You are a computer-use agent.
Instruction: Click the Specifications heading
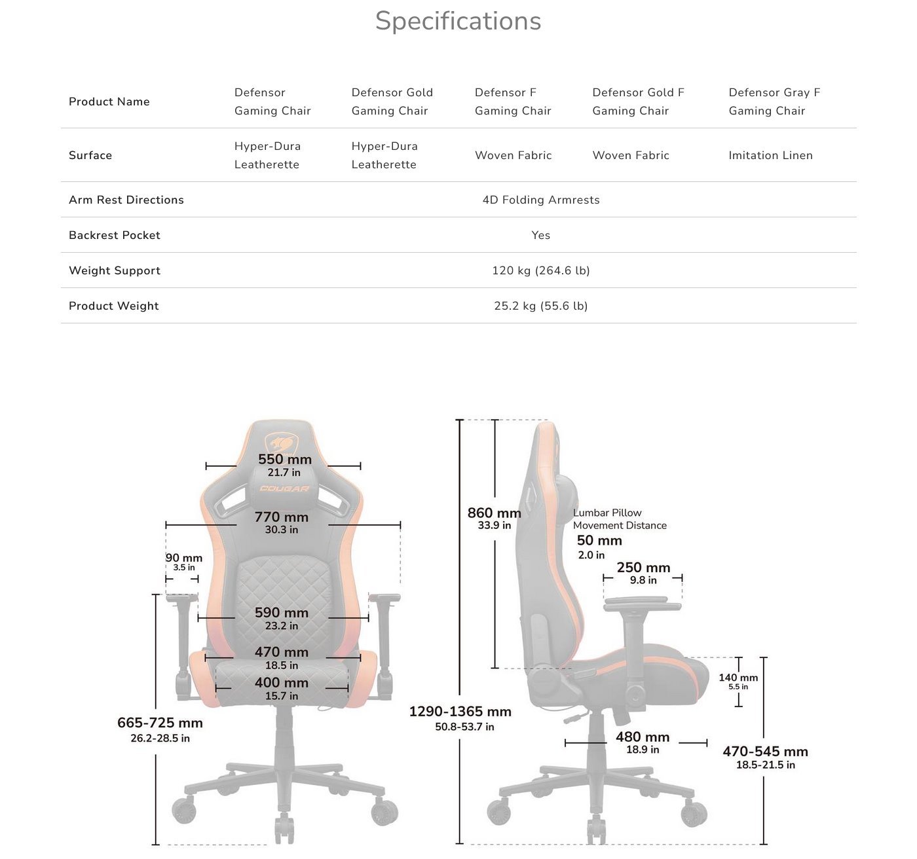[458, 21]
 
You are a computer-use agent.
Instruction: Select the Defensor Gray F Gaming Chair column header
[774, 101]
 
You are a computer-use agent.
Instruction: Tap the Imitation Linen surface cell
[770, 155]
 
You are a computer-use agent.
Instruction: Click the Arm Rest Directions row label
[126, 200]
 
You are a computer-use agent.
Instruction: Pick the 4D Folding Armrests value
[541, 200]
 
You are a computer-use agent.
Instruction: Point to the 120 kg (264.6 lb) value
[541, 270]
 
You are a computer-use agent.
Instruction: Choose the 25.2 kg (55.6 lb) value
[541, 306]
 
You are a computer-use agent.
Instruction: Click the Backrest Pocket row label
[115, 235]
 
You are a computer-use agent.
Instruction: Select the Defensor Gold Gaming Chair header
[392, 101]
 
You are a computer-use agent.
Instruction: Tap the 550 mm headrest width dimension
[284, 460]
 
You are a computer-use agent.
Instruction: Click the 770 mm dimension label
[282, 517]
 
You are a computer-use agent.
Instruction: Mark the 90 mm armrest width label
[184, 558]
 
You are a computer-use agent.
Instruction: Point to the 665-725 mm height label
[160, 723]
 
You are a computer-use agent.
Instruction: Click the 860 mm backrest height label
[495, 513]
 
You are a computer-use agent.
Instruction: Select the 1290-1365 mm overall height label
[460, 712]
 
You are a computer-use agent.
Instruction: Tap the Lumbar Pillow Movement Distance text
[619, 519]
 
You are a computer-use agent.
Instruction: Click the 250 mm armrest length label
[643, 568]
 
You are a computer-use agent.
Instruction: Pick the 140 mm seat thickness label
[738, 678]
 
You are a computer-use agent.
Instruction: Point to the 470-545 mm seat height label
[765, 752]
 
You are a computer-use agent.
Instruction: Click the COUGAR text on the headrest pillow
[284, 489]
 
